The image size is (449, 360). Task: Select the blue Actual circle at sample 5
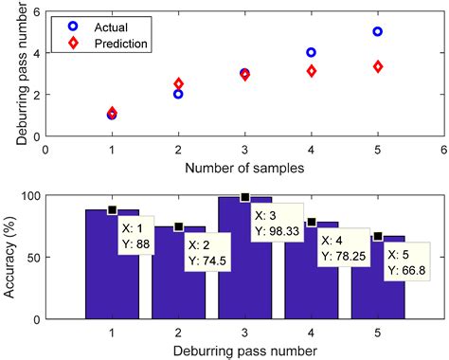[377, 31]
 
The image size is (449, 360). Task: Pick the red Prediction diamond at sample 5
[377, 66]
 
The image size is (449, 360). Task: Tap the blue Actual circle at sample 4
[311, 52]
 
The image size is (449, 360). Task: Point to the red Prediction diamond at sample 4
[311, 71]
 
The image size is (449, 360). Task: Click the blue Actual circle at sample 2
[178, 94]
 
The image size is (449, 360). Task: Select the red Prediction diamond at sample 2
[178, 84]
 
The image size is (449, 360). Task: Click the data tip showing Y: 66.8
[407, 261]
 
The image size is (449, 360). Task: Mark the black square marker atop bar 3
[244, 197]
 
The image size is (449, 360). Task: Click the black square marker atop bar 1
[112, 210]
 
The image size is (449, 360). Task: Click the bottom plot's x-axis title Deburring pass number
[243, 350]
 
